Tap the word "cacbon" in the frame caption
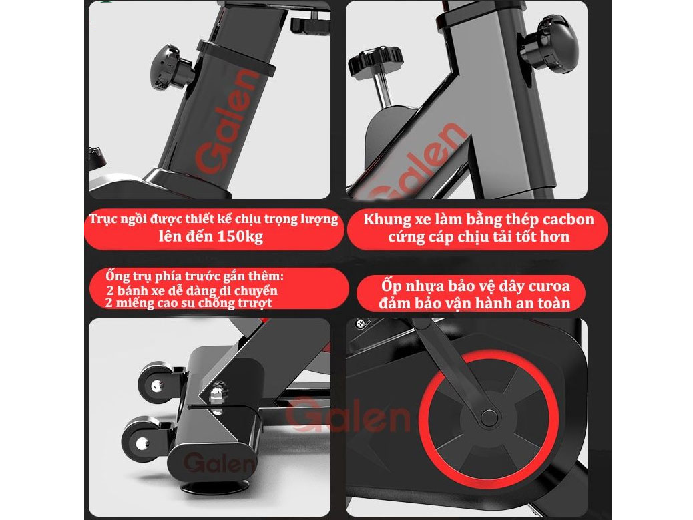click(x=565, y=220)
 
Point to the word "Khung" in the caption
click(x=387, y=220)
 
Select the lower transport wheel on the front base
click(x=143, y=441)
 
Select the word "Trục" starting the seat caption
click(x=106, y=220)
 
